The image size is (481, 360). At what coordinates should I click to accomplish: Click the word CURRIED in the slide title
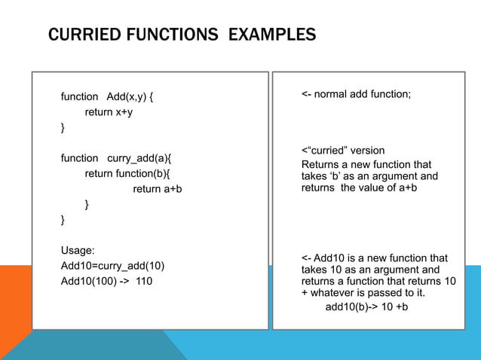79,35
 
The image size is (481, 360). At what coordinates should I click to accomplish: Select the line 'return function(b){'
127,173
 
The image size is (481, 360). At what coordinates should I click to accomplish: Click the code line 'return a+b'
158,189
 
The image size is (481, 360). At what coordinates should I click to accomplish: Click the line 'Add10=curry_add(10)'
112,266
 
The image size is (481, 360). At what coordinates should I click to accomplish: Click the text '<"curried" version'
342,151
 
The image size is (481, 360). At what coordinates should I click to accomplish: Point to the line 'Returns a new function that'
366,164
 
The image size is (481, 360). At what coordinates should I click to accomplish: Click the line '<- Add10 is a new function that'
374,258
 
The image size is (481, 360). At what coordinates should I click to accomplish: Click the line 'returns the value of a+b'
359,188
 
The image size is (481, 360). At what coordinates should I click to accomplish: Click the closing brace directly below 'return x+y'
63,129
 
